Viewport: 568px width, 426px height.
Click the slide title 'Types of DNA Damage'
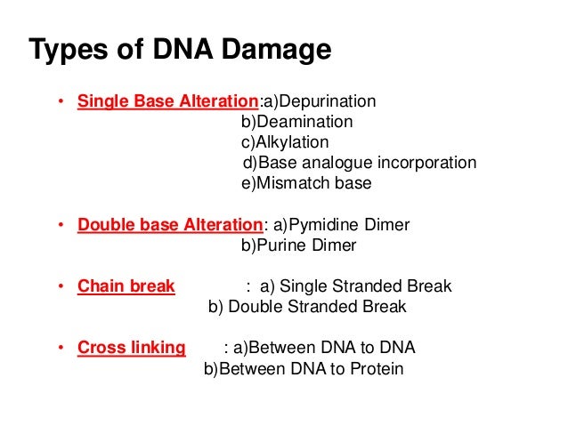[180, 50]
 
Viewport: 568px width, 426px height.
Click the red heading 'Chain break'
[126, 286]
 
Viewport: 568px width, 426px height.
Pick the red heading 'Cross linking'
[131, 348]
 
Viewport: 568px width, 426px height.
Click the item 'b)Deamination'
[297, 122]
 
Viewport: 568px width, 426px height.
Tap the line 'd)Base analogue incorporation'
[360, 164]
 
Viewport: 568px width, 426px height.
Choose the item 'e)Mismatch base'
[306, 184]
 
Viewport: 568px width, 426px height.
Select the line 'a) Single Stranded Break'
[355, 286]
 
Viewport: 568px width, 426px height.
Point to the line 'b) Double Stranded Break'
[307, 307]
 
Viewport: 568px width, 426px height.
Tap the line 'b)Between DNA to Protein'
[304, 368]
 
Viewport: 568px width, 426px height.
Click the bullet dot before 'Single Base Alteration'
[61, 102]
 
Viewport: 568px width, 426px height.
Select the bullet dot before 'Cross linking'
[61, 349]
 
